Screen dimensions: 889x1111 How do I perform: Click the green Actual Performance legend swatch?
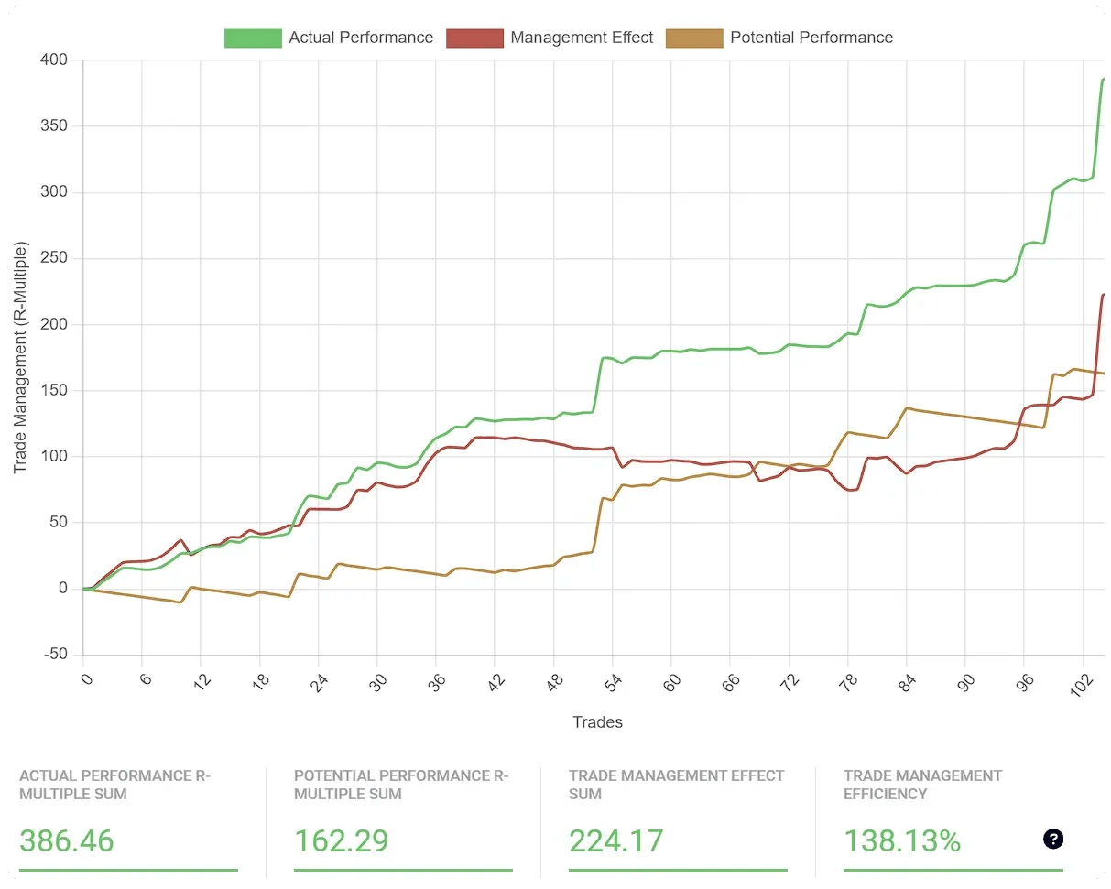pos(253,38)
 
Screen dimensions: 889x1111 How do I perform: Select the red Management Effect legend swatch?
pos(474,38)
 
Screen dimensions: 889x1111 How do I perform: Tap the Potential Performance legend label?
pos(811,38)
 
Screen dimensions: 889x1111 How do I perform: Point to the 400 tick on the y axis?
pos(56,60)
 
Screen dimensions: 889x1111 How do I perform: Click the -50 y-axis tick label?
pos(55,655)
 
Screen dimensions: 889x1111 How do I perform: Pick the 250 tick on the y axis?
pos(56,258)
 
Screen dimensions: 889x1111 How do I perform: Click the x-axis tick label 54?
pos(612,681)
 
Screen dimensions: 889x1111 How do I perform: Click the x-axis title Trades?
pos(597,722)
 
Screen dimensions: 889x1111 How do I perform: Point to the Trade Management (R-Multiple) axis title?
pos(20,357)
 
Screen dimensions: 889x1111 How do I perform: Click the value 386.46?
pos(67,840)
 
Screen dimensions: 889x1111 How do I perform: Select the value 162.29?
pos(341,840)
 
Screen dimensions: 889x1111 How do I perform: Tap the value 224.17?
pos(615,840)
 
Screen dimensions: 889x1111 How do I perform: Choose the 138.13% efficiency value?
pos(902,840)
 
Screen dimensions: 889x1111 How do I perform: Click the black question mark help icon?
pos(1053,839)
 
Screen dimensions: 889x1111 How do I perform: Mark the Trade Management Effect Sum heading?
pos(676,785)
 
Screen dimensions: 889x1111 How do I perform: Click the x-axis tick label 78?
pos(846,681)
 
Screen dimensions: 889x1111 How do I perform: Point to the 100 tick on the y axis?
pos(56,457)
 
